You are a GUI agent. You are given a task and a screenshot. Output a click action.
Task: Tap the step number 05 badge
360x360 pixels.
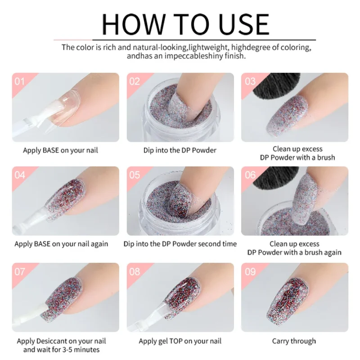[x=135, y=175]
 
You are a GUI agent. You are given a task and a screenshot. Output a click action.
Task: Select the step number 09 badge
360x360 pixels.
[x=250, y=271]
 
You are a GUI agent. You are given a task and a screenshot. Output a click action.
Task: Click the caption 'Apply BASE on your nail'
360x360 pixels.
[x=60, y=150]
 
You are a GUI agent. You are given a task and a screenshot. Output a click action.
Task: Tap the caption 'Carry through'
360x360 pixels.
[x=294, y=341]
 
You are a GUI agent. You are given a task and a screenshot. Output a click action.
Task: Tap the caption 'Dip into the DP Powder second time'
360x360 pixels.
[x=180, y=243]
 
